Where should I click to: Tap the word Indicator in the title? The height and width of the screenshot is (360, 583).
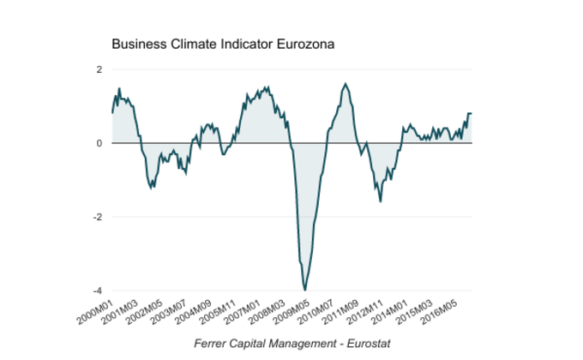point(248,43)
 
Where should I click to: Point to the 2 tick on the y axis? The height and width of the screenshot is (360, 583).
point(99,69)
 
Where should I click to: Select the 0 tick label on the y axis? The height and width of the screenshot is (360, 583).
point(99,143)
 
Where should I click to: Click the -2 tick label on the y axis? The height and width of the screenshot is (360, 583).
point(98,217)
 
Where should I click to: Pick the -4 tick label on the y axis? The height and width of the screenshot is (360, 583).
point(98,291)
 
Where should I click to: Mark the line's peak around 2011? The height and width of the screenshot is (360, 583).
point(345,84)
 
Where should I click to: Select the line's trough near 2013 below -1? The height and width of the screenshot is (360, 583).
point(381,201)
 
